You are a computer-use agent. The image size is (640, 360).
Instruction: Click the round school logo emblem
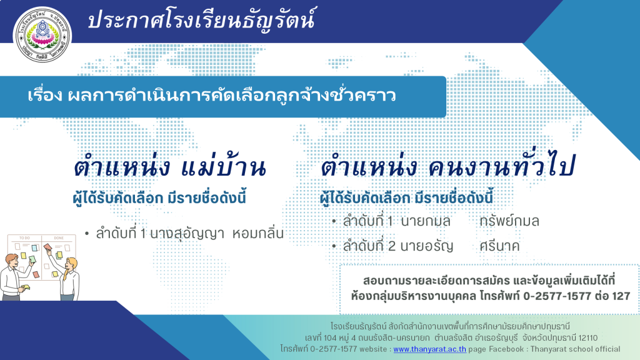[42, 34]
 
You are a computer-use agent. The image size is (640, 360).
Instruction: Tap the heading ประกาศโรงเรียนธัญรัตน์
[202, 19]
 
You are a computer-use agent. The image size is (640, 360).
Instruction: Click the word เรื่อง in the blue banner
[45, 95]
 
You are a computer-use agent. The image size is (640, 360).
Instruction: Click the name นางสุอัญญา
[187, 233]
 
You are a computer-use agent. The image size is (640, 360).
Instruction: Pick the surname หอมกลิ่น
[258, 233]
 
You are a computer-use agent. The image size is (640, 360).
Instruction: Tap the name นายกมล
[426, 221]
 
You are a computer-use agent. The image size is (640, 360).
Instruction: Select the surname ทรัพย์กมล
[509, 221]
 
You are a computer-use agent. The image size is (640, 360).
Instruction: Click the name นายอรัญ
[426, 246]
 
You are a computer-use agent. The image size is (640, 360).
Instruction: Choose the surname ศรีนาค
[499, 246]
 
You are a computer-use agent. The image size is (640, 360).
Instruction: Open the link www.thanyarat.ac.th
[429, 349]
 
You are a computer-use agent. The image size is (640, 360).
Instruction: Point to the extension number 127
[621, 296]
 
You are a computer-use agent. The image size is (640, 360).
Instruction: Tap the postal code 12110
[588, 337]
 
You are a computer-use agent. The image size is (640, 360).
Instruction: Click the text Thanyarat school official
[575, 349]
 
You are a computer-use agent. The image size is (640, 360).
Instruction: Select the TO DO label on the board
[24, 238]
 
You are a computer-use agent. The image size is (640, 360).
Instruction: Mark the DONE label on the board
[59, 238]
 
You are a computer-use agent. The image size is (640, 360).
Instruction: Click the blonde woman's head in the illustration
[72, 264]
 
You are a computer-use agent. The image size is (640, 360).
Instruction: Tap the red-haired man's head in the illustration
[11, 260]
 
